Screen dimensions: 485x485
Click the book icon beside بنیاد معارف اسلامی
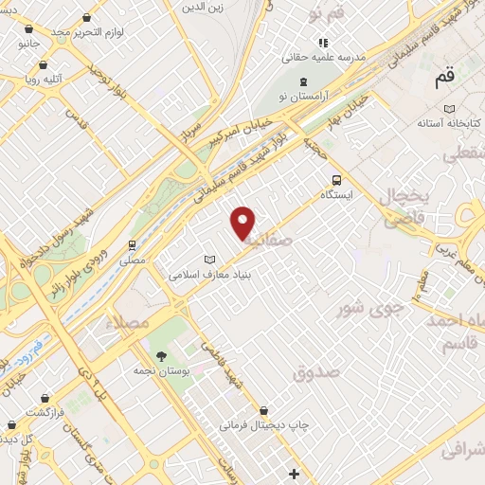pyautogui.click(x=210, y=260)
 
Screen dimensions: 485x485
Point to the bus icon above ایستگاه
pyautogui.click(x=335, y=180)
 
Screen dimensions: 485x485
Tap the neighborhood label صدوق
pyautogui.click(x=315, y=371)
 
